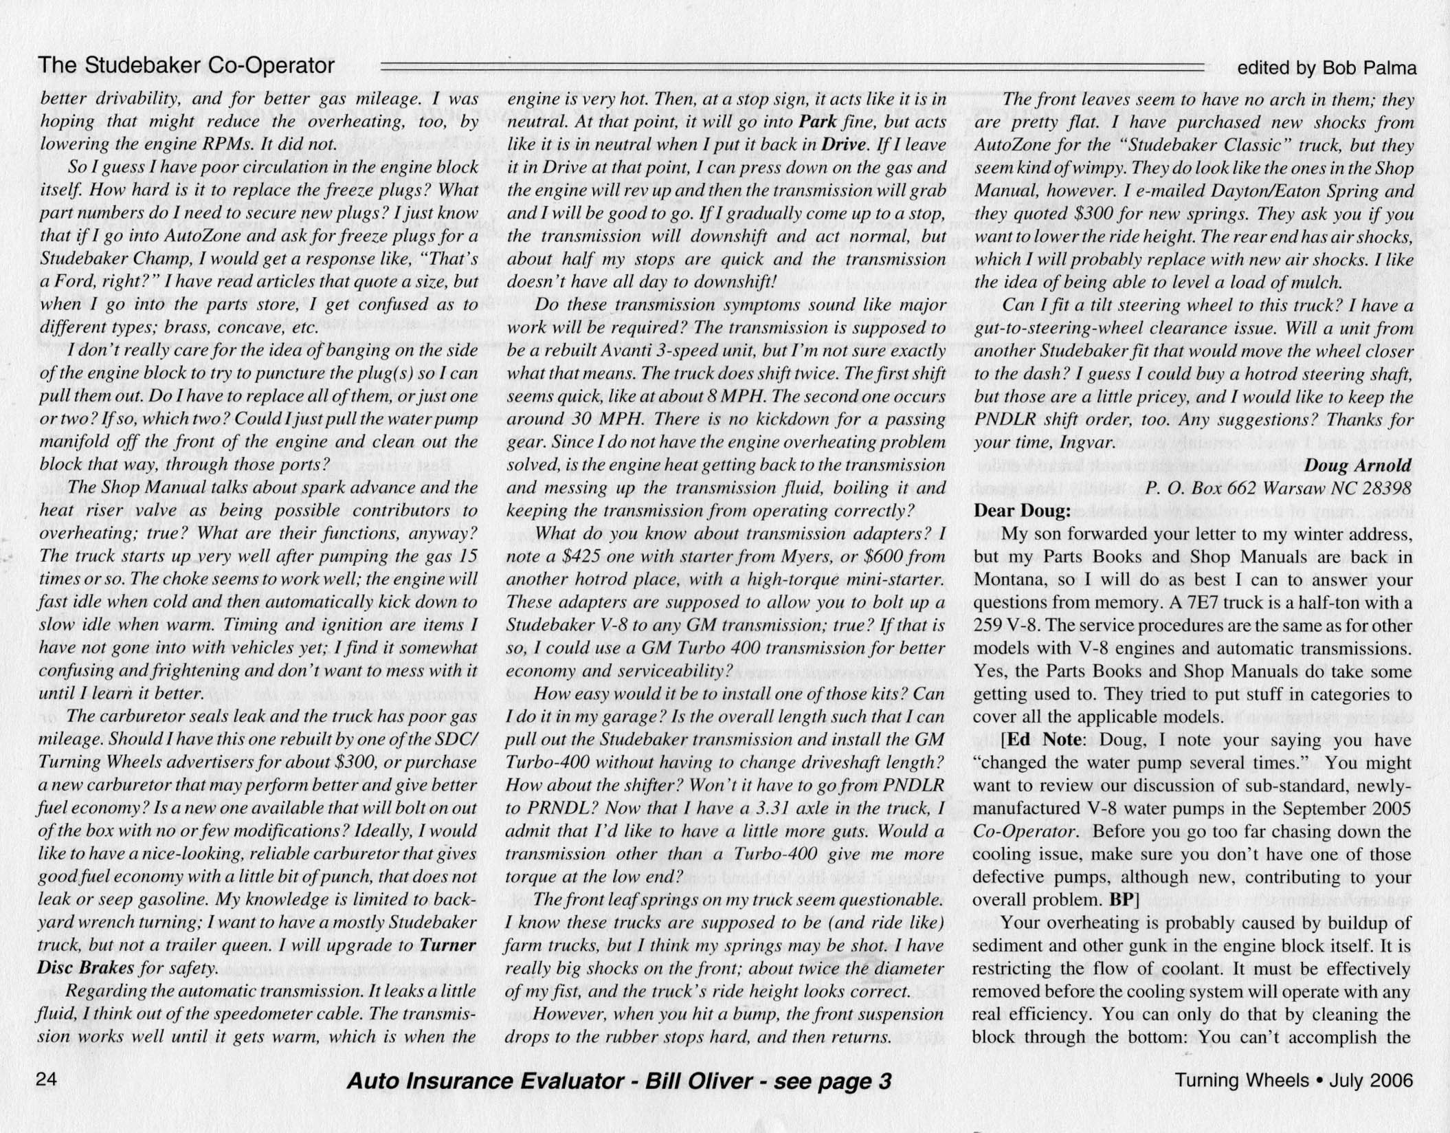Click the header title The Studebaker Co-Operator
click(186, 65)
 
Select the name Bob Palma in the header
click(1374, 68)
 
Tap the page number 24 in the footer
click(47, 1079)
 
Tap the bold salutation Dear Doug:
click(1022, 511)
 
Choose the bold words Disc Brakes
click(85, 968)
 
